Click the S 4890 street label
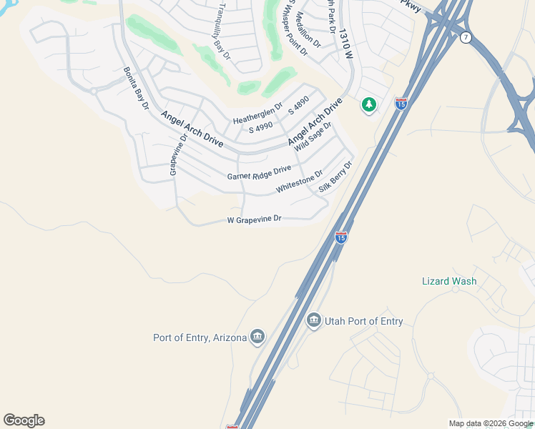(298, 105)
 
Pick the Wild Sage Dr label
(313, 141)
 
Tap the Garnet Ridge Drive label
(259, 172)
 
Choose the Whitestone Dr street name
(300, 182)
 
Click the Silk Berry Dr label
(336, 177)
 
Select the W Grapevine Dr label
(255, 220)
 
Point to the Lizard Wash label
(449, 281)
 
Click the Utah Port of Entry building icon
(313, 321)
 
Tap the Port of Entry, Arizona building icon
(257, 337)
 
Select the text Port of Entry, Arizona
(200, 337)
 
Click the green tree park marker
(369, 105)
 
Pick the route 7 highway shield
(466, 37)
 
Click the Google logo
(24, 420)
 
